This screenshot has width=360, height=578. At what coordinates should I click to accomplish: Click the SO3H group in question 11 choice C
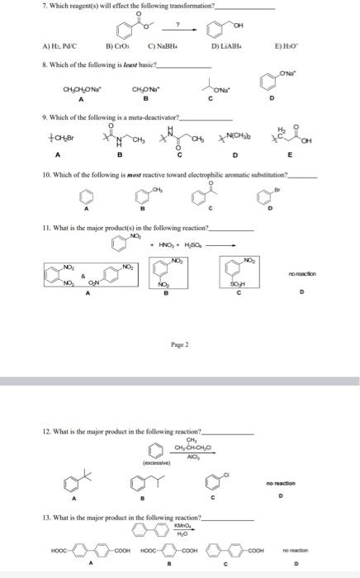pyautogui.click(x=234, y=285)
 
